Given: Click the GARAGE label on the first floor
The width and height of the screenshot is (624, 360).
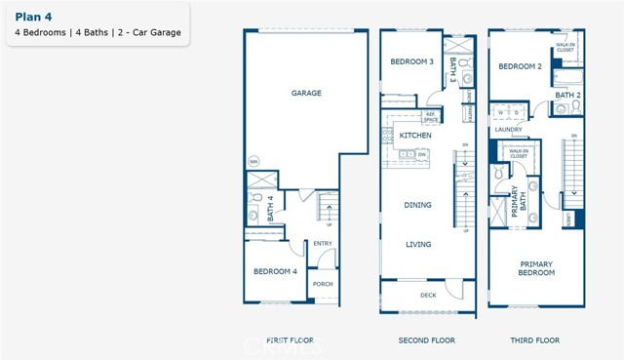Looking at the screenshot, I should point(306,94).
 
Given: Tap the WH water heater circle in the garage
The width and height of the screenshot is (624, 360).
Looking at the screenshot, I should point(254,161).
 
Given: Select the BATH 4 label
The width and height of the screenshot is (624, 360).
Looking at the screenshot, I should point(270,209).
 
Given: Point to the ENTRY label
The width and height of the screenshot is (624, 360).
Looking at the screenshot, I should point(322,244).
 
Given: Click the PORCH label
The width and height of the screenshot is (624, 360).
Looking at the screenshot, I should point(322,284).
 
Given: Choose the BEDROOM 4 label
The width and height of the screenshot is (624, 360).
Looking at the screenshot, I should point(275,270).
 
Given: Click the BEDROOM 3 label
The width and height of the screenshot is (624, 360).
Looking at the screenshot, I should point(411,61).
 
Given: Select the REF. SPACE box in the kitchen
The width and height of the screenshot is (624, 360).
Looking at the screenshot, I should point(430,116).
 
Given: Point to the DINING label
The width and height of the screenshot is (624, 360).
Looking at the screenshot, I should point(418,205).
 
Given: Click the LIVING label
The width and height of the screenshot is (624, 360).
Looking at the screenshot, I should point(418,244).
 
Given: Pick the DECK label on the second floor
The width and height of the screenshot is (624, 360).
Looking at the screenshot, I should point(428,294).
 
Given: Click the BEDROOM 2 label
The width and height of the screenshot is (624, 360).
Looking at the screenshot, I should point(519,66).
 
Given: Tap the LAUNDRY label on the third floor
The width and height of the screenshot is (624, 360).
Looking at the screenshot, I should point(508,129).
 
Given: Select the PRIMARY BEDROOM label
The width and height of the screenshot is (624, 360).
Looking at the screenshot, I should point(535,267).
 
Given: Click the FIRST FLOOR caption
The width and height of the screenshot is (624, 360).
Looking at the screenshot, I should point(290,340).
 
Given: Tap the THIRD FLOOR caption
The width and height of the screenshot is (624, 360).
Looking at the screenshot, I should point(536,340).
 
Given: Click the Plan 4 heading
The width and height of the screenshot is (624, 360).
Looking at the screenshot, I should point(33,16).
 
